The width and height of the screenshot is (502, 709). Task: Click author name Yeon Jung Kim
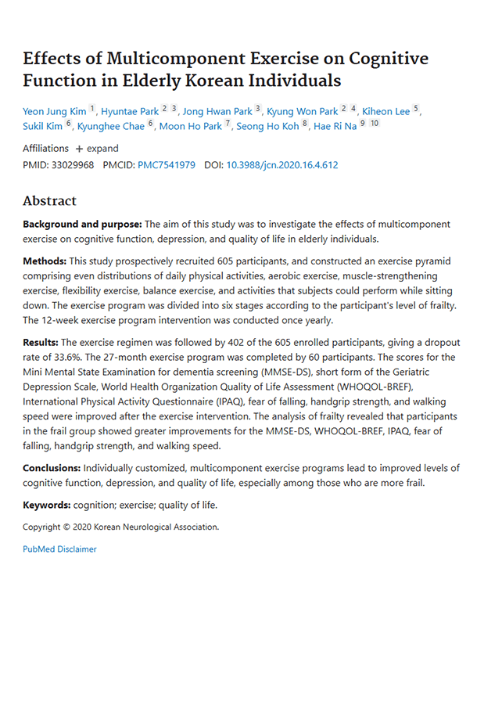54,111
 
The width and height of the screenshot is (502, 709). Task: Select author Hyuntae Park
130,111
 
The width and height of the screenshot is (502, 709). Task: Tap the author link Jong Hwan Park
217,111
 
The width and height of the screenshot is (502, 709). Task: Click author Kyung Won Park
303,111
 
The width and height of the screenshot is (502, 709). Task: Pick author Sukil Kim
43,125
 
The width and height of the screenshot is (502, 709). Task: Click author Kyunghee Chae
111,125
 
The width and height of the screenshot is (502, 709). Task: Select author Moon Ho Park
190,125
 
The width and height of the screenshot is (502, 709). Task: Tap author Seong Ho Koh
268,125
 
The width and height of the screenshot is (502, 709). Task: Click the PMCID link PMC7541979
167,166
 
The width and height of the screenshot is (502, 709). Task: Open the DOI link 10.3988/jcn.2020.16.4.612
282,166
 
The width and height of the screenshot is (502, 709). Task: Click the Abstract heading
49,201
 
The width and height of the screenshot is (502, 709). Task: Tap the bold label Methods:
45,261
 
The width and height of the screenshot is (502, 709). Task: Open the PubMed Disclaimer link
59,549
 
